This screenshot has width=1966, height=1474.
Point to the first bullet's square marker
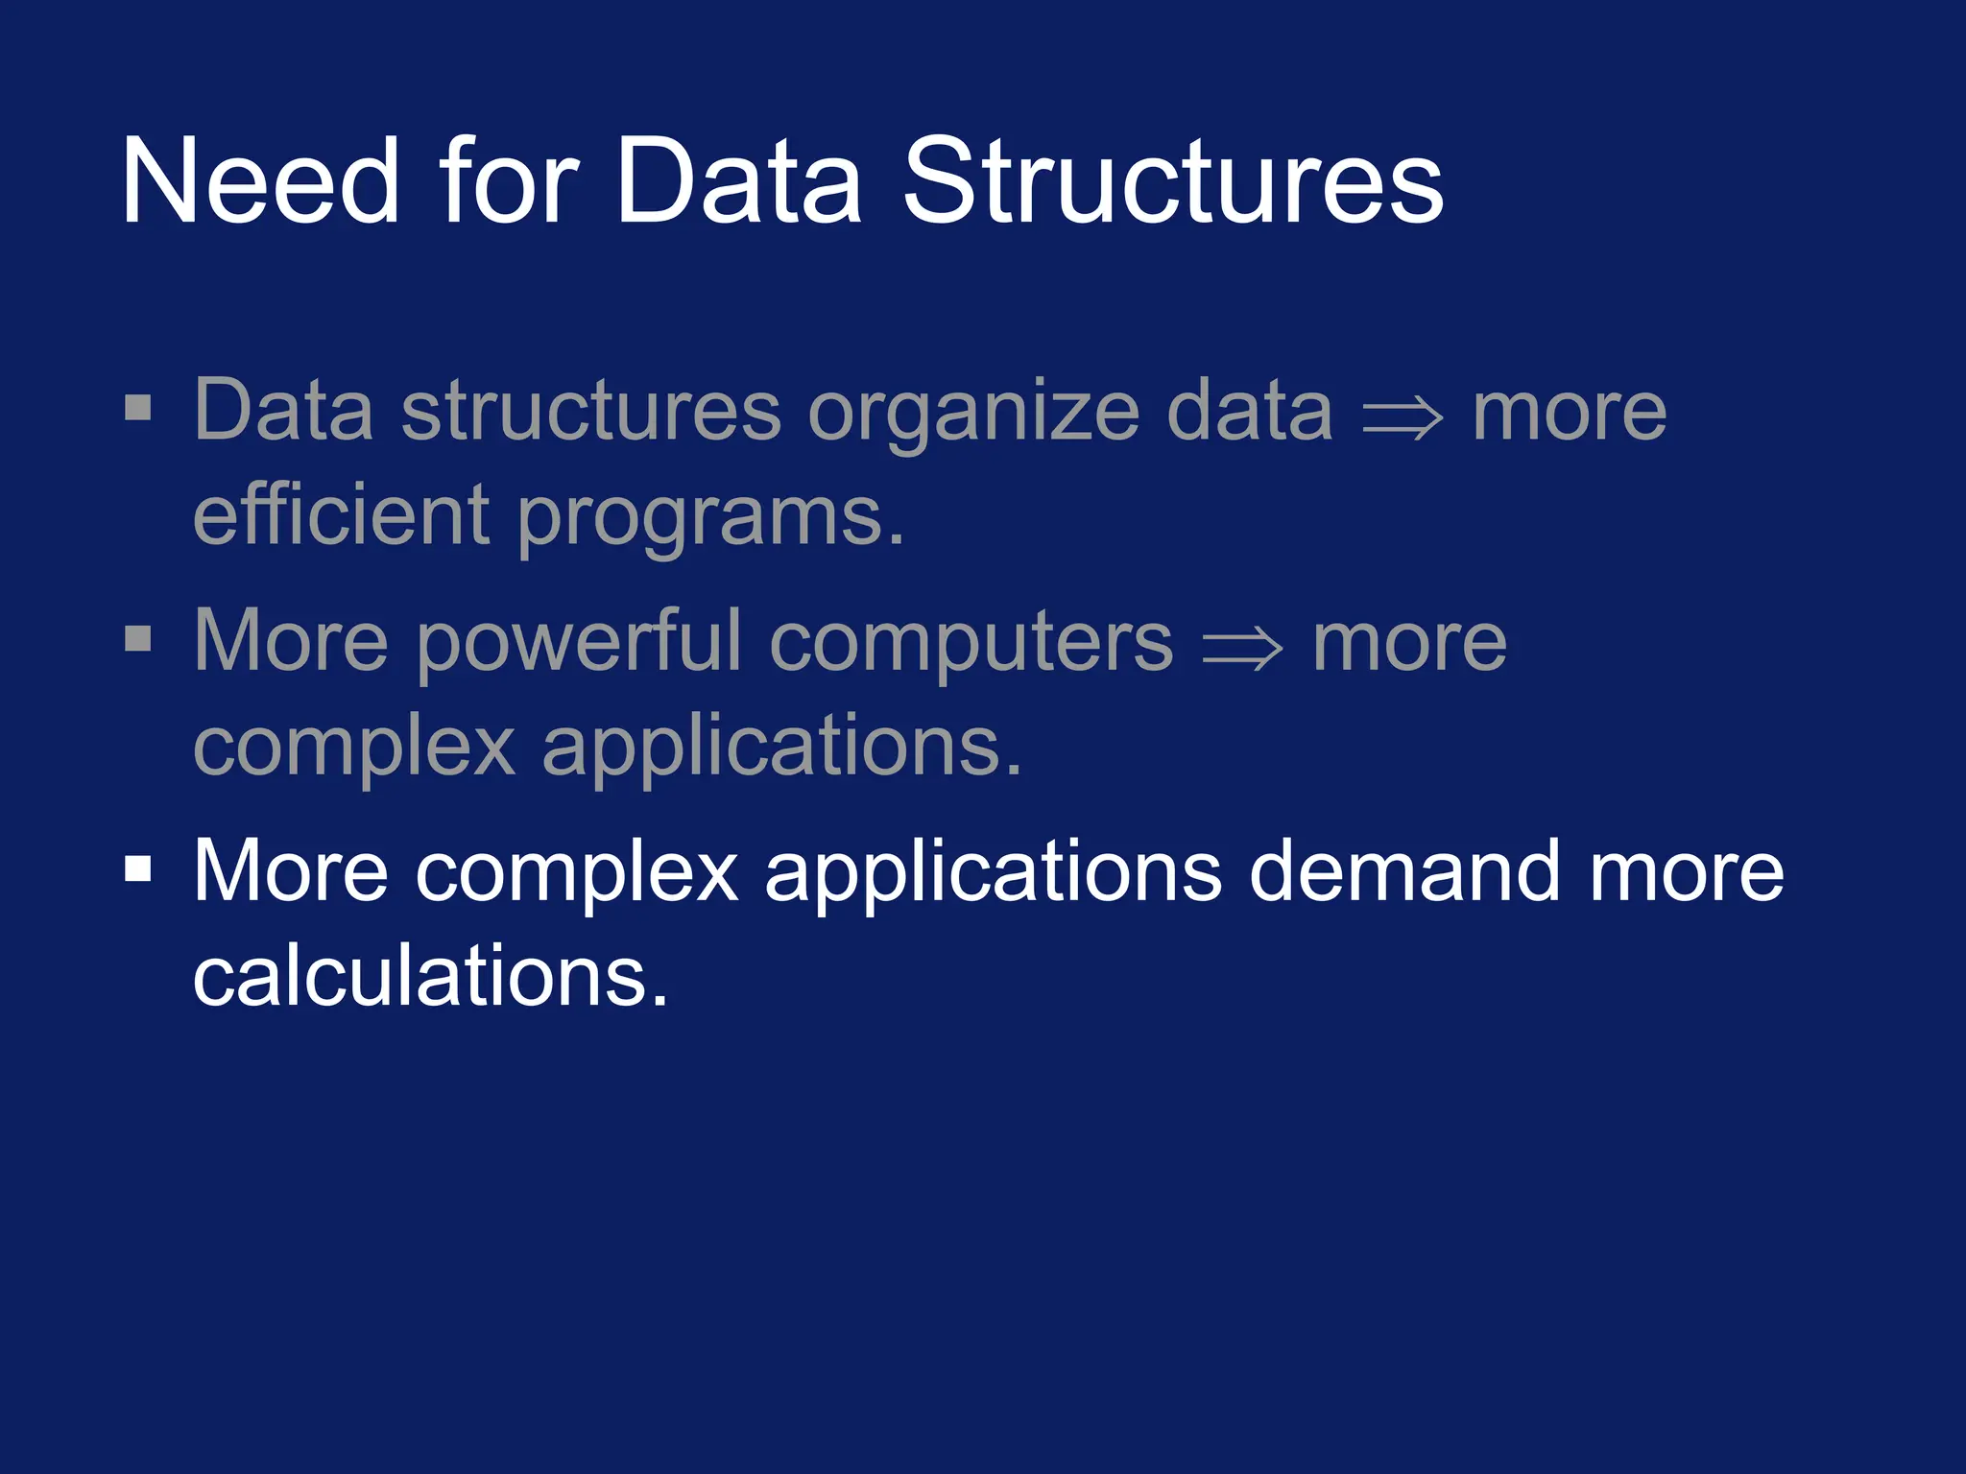coord(138,408)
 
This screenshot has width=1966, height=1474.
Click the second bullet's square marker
coord(138,638)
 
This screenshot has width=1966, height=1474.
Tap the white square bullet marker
coord(138,868)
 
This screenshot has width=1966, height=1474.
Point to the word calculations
coord(429,976)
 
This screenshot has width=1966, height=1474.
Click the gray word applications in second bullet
coord(781,749)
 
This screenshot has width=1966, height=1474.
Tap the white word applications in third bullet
coord(993,873)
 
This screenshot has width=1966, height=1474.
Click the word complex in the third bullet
coord(576,873)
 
